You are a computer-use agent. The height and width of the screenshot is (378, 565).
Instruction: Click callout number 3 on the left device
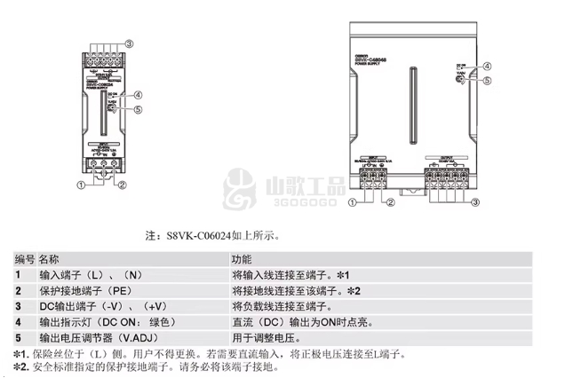click(129, 43)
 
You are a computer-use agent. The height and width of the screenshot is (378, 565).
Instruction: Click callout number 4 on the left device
click(139, 94)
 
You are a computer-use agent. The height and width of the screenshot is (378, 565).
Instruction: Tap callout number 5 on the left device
click(139, 110)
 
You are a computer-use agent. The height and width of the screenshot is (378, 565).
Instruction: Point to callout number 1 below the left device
click(81, 185)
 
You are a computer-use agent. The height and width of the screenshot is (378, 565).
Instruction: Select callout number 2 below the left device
click(123, 185)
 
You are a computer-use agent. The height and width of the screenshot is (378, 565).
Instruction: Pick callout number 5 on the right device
click(488, 80)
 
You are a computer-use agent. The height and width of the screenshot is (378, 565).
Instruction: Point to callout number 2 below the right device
click(389, 203)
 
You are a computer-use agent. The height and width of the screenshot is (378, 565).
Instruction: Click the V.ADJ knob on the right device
click(458, 80)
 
